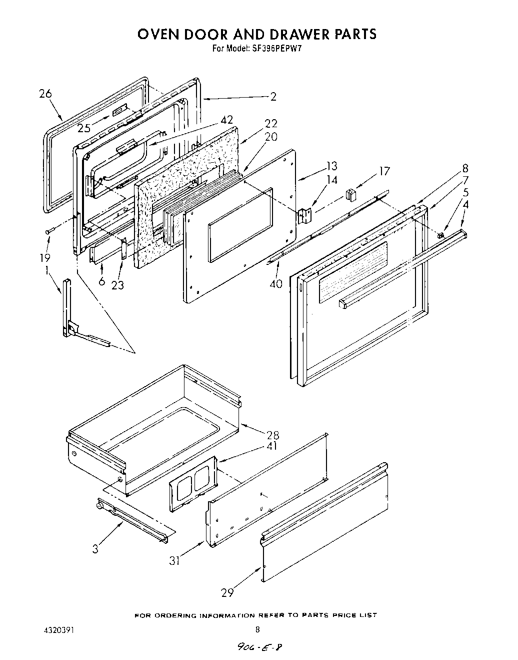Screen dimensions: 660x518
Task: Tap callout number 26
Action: [x=45, y=94]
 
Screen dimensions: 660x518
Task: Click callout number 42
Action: [x=226, y=120]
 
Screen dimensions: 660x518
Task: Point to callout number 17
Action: [x=384, y=171]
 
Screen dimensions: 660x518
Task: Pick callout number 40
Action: [x=275, y=284]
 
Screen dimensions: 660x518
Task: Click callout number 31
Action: [x=174, y=561]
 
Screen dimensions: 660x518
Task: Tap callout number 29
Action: [x=227, y=593]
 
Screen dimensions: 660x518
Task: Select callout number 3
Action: [x=95, y=548]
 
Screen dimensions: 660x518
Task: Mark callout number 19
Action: [x=45, y=258]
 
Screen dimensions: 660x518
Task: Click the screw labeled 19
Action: [x=49, y=231]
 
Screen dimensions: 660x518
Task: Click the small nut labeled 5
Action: [x=440, y=235]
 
